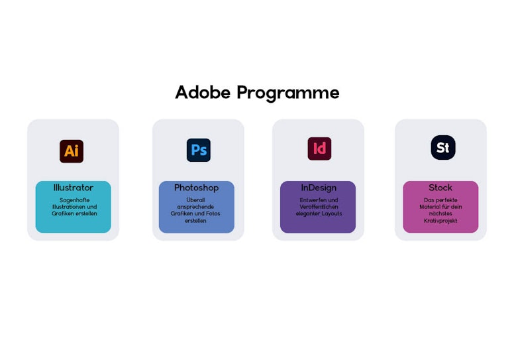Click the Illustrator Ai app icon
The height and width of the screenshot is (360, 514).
coord(72,151)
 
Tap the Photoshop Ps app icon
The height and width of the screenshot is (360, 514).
coord(199,150)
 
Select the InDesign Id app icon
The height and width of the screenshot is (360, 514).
coord(319,149)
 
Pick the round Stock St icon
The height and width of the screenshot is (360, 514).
coord(443,148)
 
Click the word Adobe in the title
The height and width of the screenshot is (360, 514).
coord(203,92)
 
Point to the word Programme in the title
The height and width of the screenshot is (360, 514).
coord(288,93)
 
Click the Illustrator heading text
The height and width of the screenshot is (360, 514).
coord(74,188)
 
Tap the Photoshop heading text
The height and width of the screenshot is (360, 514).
coord(196,188)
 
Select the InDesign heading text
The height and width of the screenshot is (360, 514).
coord(319,188)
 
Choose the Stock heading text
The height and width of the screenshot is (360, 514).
coord(440,188)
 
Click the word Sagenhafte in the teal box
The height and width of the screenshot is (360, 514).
coord(74,200)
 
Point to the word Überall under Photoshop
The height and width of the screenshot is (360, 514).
coord(195,200)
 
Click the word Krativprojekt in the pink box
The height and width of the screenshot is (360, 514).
coord(440,221)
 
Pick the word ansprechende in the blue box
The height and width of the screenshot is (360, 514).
coord(195,207)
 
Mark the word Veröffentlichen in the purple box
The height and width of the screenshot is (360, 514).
coord(319,207)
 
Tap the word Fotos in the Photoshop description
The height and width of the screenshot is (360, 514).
coord(213,213)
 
